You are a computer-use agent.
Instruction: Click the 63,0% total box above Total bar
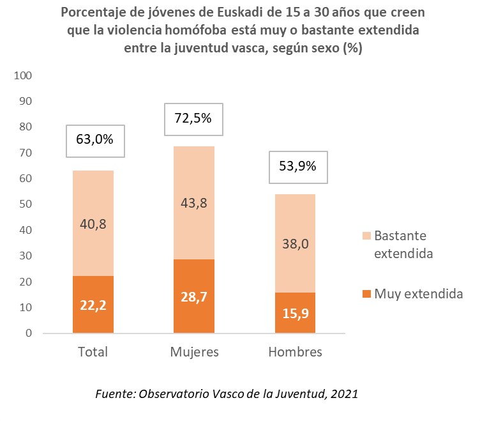pyautogui.click(x=96, y=141)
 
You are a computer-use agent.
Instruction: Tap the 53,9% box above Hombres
pyautogui.click(x=298, y=167)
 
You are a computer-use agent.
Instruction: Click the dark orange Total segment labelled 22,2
pyautogui.click(x=93, y=305)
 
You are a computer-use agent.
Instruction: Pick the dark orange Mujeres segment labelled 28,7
pyautogui.click(x=193, y=296)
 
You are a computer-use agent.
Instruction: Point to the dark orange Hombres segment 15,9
pyautogui.click(x=295, y=313)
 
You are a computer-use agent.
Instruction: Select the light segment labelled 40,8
pyautogui.click(x=93, y=223)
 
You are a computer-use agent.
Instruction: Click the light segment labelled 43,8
pyautogui.click(x=193, y=203)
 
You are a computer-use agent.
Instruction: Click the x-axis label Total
pyautogui.click(x=93, y=352)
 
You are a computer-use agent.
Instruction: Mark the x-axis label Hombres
pyautogui.click(x=295, y=352)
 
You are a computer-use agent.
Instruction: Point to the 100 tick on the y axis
pyautogui.click(x=24, y=75)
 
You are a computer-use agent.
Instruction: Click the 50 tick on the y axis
pyautogui.click(x=26, y=204)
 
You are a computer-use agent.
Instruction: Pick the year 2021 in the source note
pyautogui.click(x=344, y=395)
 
